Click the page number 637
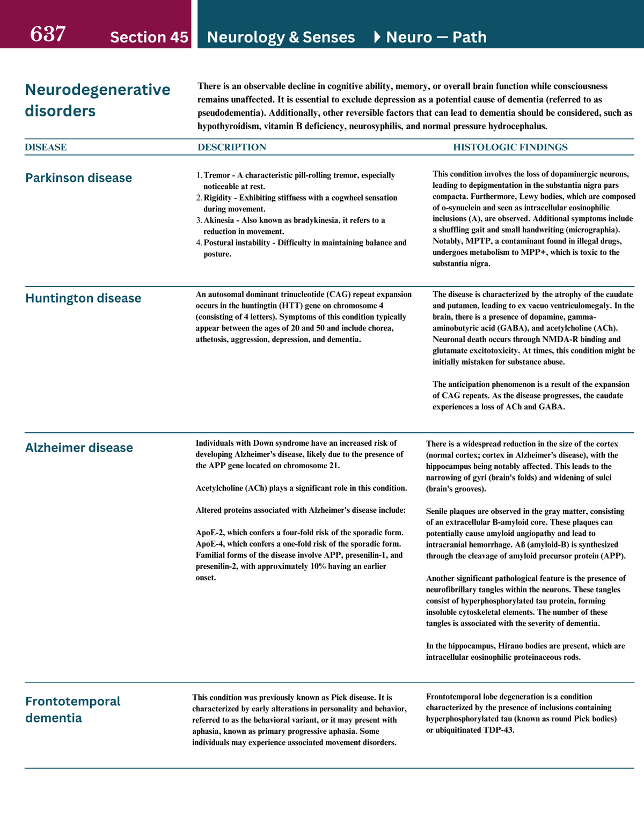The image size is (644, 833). click(x=48, y=34)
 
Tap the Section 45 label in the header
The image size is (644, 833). click(x=149, y=37)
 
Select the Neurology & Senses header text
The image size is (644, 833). click(x=281, y=37)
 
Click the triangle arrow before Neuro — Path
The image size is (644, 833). click(x=377, y=37)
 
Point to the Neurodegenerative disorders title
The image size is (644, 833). click(x=97, y=100)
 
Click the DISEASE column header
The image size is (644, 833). click(x=46, y=147)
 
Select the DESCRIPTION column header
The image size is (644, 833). click(x=231, y=147)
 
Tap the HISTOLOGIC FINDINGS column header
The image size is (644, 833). click(x=510, y=147)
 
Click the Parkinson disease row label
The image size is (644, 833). click(x=78, y=178)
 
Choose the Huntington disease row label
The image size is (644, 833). click(x=83, y=298)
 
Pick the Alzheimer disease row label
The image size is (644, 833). click(x=79, y=448)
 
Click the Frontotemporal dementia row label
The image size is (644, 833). click(x=72, y=709)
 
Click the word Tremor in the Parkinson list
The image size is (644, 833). click(x=217, y=175)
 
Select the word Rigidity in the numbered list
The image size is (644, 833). click(x=218, y=198)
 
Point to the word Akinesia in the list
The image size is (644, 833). click(x=219, y=220)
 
